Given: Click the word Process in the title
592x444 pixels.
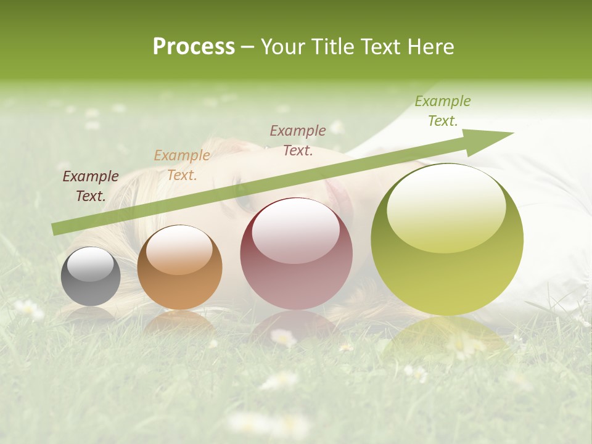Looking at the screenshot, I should (x=194, y=47).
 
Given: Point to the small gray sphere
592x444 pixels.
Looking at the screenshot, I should (x=91, y=276).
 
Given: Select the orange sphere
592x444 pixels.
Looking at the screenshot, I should (x=179, y=267).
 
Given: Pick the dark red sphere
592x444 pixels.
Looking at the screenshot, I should (x=296, y=253).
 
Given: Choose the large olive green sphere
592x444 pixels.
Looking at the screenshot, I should (x=447, y=239).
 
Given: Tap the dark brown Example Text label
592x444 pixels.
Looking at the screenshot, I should (x=91, y=186).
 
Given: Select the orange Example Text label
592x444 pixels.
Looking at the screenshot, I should (x=182, y=165).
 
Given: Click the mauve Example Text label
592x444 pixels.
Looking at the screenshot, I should (x=298, y=140).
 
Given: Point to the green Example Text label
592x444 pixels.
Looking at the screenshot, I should (x=443, y=111).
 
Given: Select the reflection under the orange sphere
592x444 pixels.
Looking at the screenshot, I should (x=179, y=321).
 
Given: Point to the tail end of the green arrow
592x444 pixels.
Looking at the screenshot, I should (x=57, y=229).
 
